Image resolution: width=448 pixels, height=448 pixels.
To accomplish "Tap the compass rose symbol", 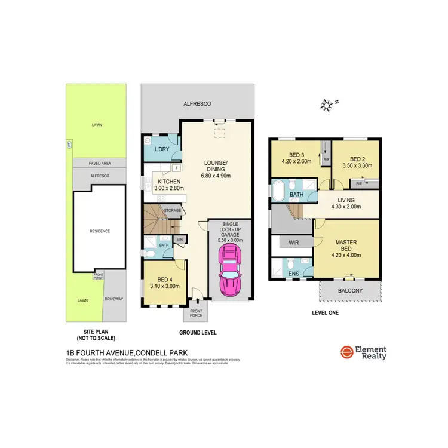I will point(326,105).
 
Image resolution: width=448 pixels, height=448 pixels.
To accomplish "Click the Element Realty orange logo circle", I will point(346,353).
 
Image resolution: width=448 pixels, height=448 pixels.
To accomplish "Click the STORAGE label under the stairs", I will point(173,210).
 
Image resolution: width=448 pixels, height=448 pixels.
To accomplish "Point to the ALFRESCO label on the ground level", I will point(197,103).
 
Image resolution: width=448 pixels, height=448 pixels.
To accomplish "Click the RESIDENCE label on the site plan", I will point(100,231).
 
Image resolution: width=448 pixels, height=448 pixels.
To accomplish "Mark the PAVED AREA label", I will point(100,162).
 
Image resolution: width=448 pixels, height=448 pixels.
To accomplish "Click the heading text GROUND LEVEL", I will point(198,332).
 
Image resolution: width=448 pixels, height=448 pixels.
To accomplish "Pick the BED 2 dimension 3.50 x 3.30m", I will point(357,167).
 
